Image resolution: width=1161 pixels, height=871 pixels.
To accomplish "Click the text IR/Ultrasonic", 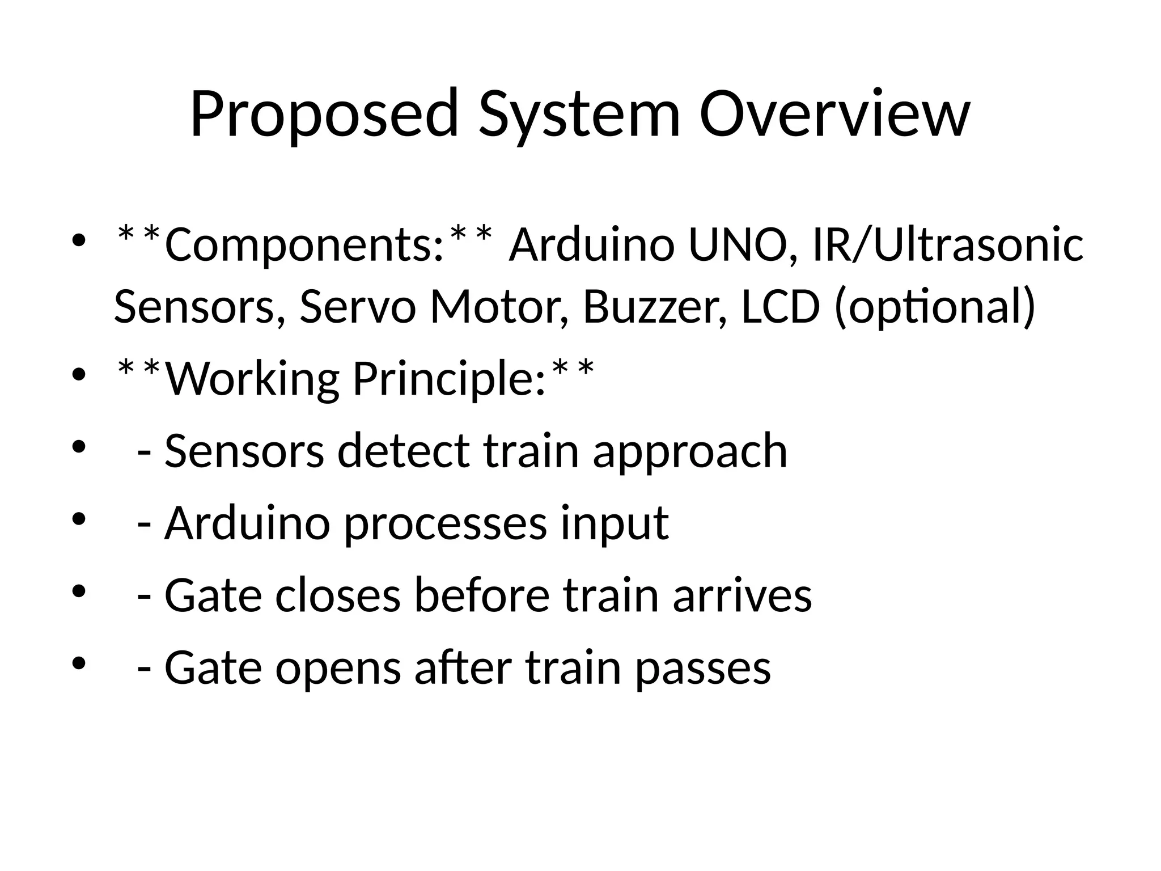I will coord(947,245).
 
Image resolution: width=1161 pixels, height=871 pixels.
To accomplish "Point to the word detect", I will coord(403,451).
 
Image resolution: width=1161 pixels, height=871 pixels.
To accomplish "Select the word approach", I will coord(690,452).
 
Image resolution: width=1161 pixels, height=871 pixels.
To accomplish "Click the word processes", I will coord(445,523).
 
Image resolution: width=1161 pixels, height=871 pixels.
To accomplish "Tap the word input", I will coord(615,523).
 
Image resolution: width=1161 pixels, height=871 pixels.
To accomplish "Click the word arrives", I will coord(742,595).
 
